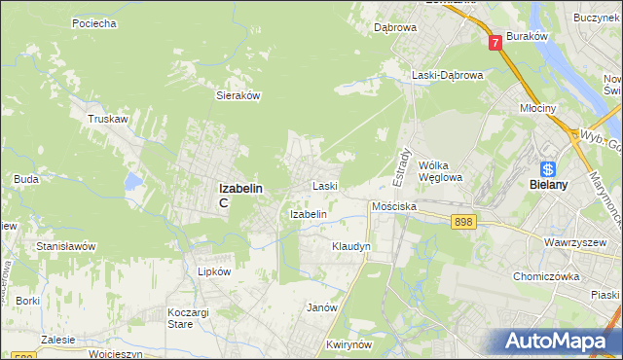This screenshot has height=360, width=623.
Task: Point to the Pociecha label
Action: [x=94, y=22]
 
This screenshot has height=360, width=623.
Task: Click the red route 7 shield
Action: [x=495, y=42]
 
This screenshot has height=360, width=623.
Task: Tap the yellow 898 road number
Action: [x=463, y=223]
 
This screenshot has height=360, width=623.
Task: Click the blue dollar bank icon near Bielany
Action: [x=549, y=167]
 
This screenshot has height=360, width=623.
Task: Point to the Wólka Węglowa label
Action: [x=439, y=171]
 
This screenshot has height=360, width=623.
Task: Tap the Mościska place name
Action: [x=394, y=207]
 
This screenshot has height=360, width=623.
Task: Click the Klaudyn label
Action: [x=351, y=247]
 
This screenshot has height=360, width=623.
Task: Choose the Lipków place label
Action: [x=213, y=272]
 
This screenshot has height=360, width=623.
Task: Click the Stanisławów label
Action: [x=66, y=247]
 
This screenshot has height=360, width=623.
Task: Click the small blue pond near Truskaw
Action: [x=132, y=181]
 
